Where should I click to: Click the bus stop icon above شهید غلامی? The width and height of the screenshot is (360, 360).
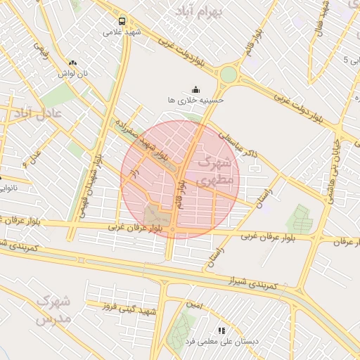click(122, 21)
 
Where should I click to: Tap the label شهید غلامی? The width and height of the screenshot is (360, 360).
click(122, 32)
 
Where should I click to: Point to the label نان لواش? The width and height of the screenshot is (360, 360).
click(72, 73)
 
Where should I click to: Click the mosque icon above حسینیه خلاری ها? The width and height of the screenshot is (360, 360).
click(195, 89)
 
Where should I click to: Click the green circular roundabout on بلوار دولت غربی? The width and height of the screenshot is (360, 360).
click(229, 74)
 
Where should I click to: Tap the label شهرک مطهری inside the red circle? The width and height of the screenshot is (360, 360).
click(213, 171)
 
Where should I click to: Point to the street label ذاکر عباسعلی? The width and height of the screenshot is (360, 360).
click(239, 146)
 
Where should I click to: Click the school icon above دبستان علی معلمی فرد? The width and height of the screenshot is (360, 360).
click(221, 330)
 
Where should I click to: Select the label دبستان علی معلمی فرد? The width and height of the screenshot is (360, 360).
click(221, 341)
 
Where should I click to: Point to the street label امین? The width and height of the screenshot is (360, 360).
click(195, 305)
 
